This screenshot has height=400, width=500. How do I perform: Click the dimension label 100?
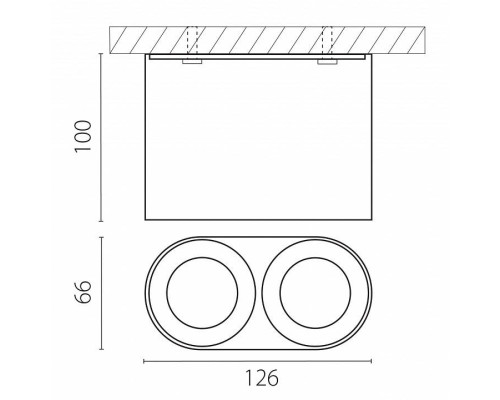[83, 136]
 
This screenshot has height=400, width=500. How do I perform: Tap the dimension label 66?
[82, 292]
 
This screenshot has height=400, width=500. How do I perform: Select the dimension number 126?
[262, 378]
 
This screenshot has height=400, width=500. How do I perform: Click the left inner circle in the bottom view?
[167, 293]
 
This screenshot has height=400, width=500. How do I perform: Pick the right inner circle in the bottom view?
[280, 293]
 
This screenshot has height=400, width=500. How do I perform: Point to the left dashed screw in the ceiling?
[192, 40]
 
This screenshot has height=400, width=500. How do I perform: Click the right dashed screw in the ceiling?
[327, 40]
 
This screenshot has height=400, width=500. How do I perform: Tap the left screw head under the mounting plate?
[192, 62]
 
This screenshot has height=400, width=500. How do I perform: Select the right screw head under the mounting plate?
[327, 62]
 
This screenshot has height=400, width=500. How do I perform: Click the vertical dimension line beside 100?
[101, 137]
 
